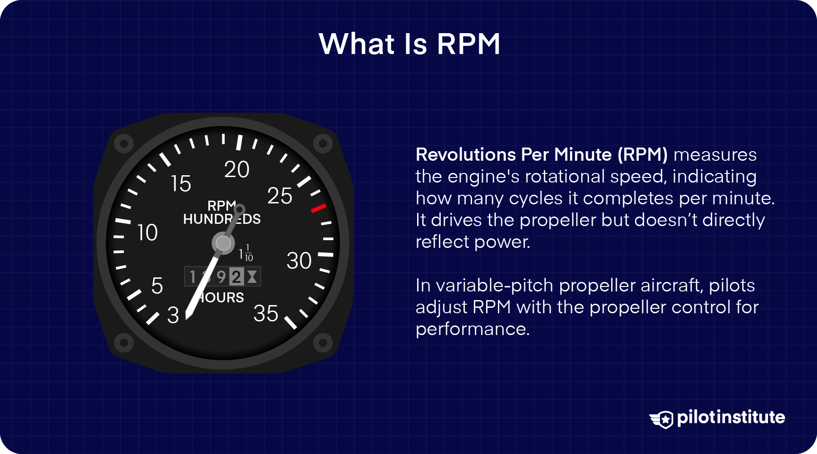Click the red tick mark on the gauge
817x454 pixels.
point(318,208)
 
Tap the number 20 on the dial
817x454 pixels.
point(236,170)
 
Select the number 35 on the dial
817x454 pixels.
point(266,314)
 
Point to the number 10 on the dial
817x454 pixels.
point(147,233)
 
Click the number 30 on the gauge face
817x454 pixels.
point(299,261)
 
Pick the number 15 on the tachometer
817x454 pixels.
point(181,184)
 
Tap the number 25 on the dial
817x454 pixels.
point(280,196)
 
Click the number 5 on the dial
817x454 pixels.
point(157,286)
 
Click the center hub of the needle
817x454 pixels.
point(223,243)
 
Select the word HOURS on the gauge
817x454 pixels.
point(222,298)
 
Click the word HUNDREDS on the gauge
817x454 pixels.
point(221,219)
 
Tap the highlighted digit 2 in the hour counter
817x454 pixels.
point(236,276)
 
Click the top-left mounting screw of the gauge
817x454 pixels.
point(123,144)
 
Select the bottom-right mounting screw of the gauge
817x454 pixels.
point(323,342)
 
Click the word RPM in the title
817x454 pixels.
point(468,44)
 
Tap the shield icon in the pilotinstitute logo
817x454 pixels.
point(665,419)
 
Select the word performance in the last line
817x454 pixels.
point(472,329)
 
